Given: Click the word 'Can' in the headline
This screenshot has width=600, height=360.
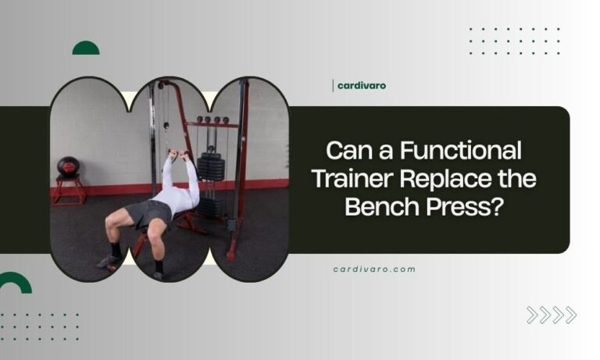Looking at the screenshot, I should (346, 150).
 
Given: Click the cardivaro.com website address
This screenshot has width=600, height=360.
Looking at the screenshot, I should (374, 269).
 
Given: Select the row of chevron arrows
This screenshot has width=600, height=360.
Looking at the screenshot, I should (552, 315).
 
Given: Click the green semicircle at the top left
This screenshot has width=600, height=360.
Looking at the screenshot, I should (86, 48).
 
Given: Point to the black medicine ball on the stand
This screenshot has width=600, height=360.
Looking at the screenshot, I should (68, 166).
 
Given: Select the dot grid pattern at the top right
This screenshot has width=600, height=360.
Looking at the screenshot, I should (514, 41).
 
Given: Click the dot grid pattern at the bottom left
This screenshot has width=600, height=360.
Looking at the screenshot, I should (39, 326).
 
